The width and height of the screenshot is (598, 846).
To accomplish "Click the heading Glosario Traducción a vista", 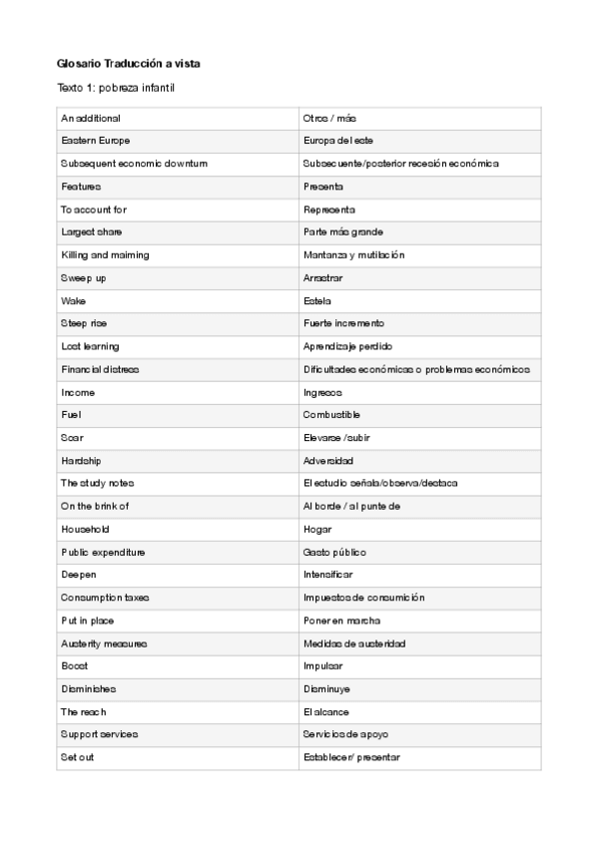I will (x=129, y=63).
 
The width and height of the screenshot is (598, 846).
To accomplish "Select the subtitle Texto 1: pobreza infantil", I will (x=118, y=89).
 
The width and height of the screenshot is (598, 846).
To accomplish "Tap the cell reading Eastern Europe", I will (x=95, y=141).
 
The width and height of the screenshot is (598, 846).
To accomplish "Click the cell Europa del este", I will (x=338, y=141).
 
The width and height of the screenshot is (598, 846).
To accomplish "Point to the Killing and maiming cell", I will (x=105, y=255).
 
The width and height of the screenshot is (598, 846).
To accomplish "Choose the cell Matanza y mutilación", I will (x=353, y=255).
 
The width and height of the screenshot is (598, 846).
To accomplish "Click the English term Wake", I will (x=72, y=300).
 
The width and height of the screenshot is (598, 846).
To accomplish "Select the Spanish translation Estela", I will (x=316, y=300).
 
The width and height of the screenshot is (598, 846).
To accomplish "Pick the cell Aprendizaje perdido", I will (x=347, y=346).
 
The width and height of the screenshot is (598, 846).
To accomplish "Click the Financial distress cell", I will (x=100, y=369).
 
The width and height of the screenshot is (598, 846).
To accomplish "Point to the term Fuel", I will (x=71, y=414).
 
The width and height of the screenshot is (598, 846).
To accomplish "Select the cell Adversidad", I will (x=327, y=461).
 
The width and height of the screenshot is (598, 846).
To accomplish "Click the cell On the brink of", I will (x=95, y=506).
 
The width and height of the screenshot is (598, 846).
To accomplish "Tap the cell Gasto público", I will (x=334, y=552).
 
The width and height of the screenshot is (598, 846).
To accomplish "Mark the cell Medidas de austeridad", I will (x=353, y=643).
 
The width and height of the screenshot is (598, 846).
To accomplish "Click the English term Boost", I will (x=74, y=665).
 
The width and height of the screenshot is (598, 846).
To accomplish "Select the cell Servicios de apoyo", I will (x=345, y=734).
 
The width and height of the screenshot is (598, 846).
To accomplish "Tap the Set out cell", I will (x=76, y=757).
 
